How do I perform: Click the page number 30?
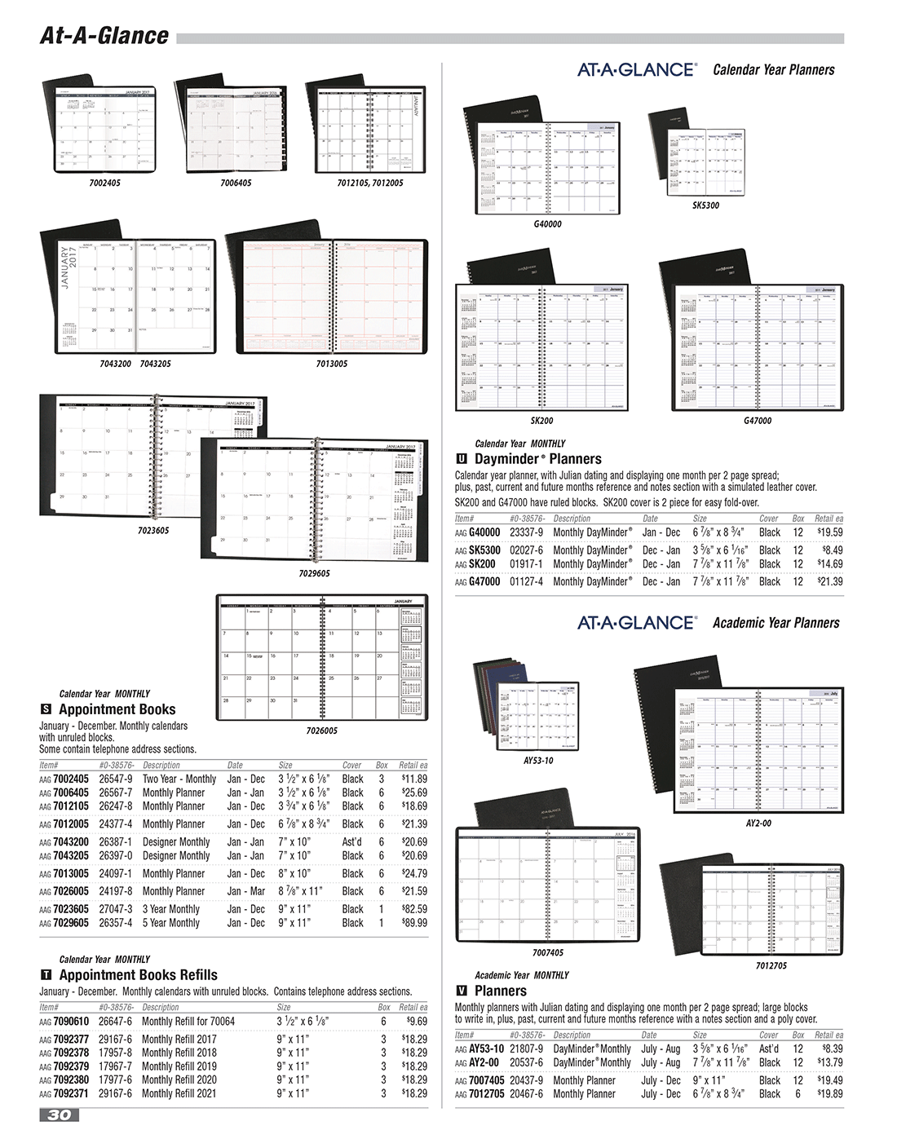[60, 1115]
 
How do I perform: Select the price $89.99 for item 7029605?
[413, 923]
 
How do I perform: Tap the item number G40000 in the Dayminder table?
[484, 532]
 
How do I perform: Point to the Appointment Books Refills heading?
[138, 974]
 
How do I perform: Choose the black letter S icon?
[46, 709]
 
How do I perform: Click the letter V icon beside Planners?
[462, 991]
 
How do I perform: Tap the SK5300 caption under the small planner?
[705, 205]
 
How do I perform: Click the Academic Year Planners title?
[775, 623]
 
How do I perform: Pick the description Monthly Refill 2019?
[179, 1066]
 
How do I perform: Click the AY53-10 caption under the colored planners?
[538, 761]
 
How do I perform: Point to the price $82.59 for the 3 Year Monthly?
[413, 909]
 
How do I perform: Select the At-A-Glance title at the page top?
[104, 36]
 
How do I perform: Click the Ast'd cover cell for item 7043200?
[352, 842]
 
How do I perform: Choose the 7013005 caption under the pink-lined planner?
[331, 364]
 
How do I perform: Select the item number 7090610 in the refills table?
[73, 1021]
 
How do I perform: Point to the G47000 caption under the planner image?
[757, 421]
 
